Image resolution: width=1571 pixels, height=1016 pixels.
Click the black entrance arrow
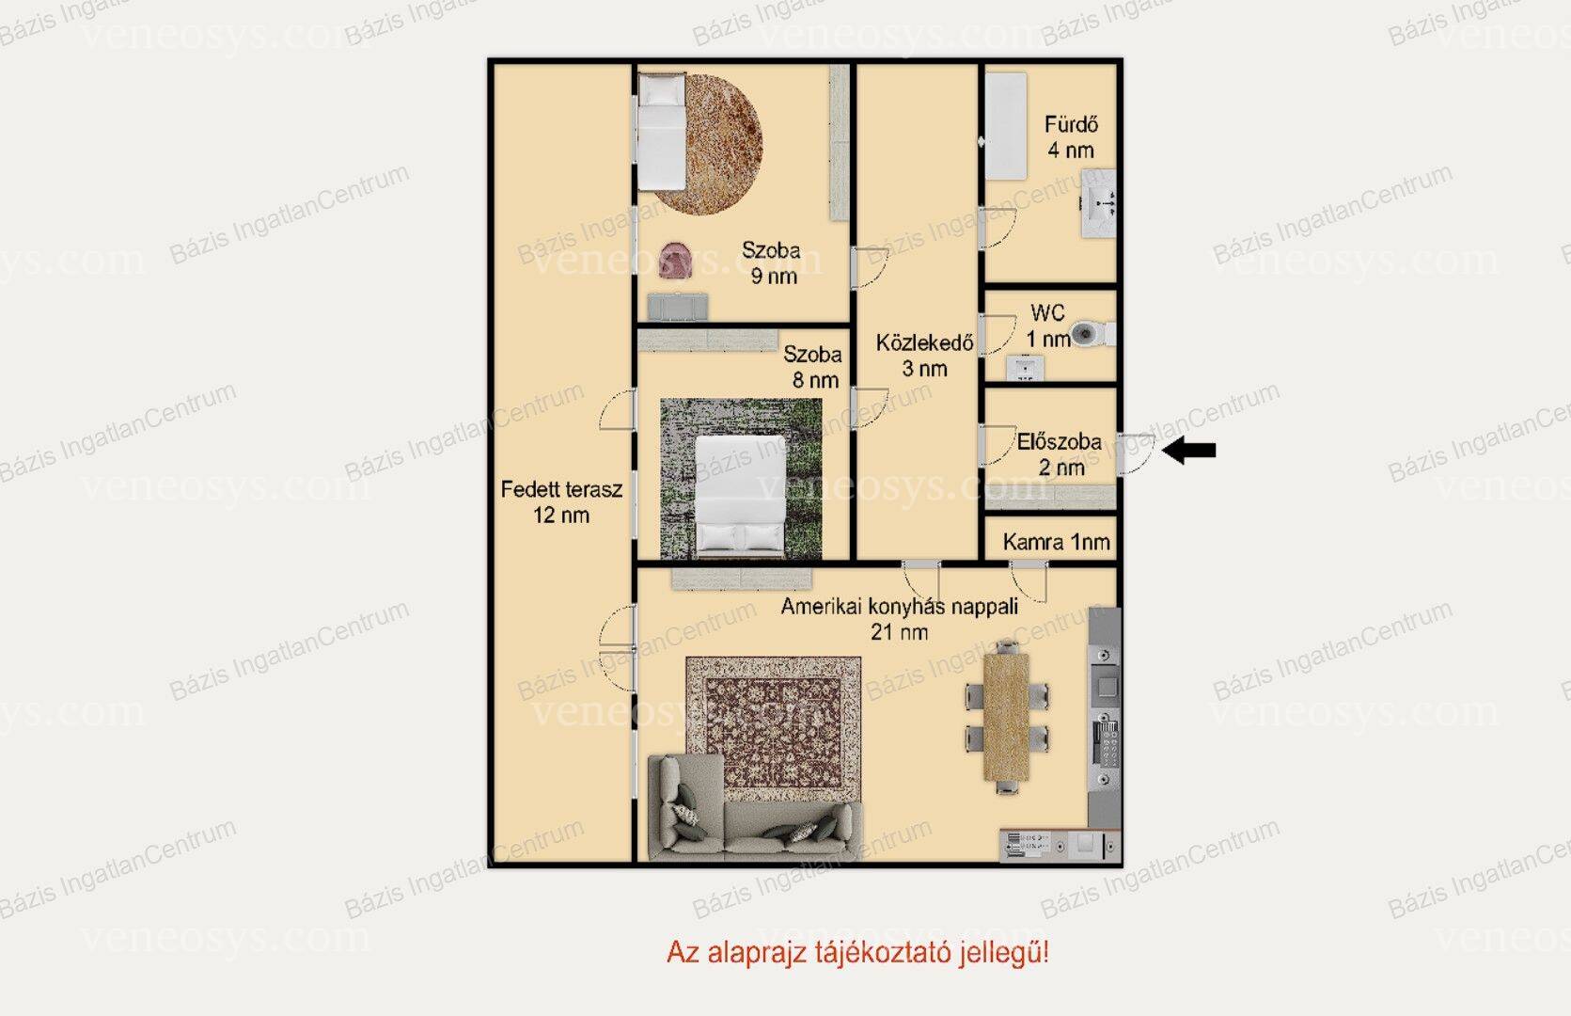click(x=1188, y=450)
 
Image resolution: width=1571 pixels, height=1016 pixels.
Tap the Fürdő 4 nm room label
click(x=1071, y=136)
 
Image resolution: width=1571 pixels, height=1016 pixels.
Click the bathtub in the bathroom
click(x=1006, y=126)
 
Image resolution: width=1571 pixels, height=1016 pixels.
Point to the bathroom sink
click(x=1098, y=203)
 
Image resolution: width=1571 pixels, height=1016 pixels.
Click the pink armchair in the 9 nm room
click(x=676, y=261)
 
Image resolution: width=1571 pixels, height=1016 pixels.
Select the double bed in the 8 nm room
click(x=740, y=496)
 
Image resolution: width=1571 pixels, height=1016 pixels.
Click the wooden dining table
click(x=1006, y=717)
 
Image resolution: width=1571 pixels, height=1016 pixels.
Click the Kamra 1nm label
click(x=1056, y=542)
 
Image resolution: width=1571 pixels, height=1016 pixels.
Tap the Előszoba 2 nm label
click(x=1060, y=454)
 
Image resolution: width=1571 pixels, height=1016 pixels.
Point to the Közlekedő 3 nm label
click(x=924, y=355)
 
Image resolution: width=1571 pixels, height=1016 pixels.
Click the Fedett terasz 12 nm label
click(x=561, y=501)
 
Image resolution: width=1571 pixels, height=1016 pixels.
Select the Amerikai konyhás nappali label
click(x=900, y=606)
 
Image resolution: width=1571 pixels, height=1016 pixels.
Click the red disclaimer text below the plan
click(x=857, y=952)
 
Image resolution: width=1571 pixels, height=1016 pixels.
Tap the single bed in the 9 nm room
click(x=661, y=132)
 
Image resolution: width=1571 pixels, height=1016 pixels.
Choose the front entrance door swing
click(x=1136, y=453)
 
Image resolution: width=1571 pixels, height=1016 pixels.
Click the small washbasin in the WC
click(x=1026, y=368)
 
